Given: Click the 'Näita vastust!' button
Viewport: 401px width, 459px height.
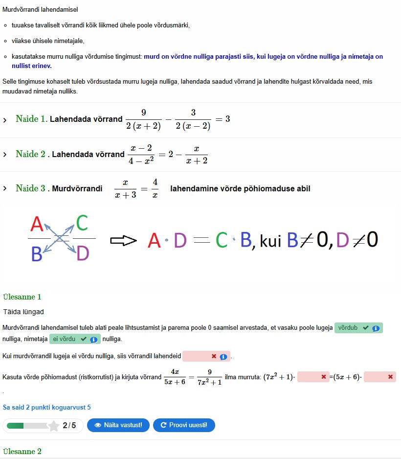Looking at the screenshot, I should [118, 425].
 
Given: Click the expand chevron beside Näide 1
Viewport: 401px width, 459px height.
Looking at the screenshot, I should [5, 120].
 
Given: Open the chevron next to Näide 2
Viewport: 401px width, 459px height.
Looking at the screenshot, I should [5, 155].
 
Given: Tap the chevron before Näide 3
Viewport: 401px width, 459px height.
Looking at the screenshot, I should [5, 189].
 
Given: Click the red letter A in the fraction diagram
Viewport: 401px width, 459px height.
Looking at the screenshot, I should [37, 224].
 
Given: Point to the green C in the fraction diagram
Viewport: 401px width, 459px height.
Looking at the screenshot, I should [82, 223].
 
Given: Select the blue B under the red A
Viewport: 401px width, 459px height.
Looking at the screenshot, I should [37, 254].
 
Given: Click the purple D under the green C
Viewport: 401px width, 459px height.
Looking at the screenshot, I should [83, 253].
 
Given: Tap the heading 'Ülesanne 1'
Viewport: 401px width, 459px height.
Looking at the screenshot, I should [22, 297].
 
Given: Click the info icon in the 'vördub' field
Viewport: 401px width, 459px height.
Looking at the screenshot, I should [376, 329].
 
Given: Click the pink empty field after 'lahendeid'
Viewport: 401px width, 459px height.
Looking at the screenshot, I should [205, 357].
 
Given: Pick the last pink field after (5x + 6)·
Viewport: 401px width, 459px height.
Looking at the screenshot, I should [379, 377].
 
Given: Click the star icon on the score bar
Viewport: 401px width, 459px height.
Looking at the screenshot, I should [53, 426].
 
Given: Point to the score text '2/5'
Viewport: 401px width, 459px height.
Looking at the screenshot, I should [69, 426].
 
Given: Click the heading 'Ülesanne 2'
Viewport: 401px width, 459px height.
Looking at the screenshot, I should [22, 452].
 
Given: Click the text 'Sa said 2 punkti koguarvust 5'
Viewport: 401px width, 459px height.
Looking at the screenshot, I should [46, 407].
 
